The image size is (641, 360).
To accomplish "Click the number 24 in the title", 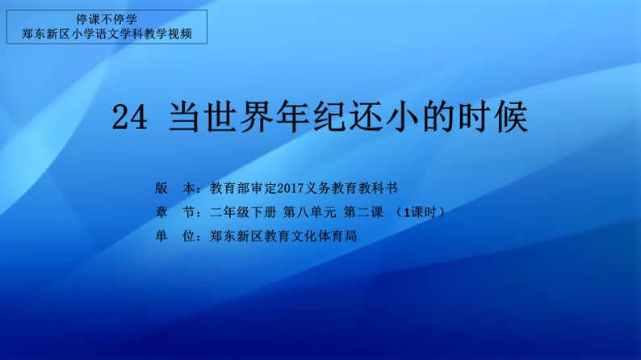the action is tap(130, 117).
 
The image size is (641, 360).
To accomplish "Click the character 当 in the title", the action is tap(185, 117).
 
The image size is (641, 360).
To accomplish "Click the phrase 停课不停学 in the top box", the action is tap(107, 19).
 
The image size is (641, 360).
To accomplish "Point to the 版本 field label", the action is tap(175, 188).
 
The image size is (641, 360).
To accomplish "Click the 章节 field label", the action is tap(175, 212).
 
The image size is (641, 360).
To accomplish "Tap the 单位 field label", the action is tap(175, 236).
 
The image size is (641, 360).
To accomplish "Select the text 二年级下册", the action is tap(243, 212).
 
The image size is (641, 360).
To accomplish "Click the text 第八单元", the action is tap(309, 212).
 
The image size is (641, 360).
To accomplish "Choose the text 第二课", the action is tap(363, 212).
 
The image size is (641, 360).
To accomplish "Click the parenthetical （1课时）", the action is tap(420, 212).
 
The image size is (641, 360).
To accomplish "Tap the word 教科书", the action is tap(378, 188).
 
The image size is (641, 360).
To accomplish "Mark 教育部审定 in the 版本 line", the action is tap(243, 188).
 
